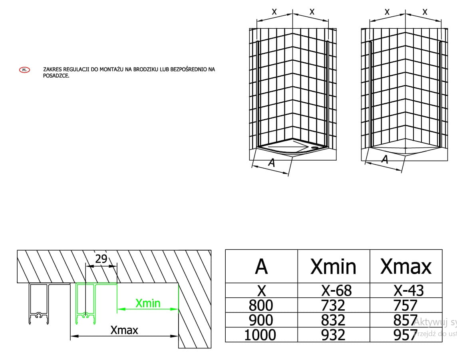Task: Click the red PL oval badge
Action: (24, 70)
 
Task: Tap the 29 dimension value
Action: (101, 259)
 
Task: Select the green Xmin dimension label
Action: (148, 303)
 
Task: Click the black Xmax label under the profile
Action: (124, 330)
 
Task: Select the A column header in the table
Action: (261, 267)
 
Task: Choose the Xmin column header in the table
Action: (333, 267)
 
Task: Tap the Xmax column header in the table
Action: (406, 267)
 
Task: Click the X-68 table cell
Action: (333, 290)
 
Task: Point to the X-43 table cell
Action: (406, 290)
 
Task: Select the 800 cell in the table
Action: (261, 306)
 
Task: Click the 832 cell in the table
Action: (333, 320)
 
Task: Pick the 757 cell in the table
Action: (405, 306)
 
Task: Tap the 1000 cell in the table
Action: (260, 335)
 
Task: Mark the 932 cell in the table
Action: (333, 335)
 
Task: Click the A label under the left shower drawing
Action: (272, 163)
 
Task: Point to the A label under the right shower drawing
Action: (385, 159)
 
